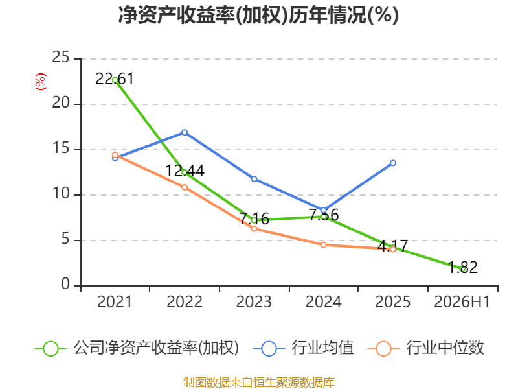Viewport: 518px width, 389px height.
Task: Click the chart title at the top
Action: pyautogui.click(x=258, y=15)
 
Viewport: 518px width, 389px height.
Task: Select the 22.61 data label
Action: pyautogui.click(x=115, y=78)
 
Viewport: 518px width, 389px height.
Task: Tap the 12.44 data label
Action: pyautogui.click(x=185, y=171)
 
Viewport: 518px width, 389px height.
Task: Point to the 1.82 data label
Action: pyautogui.click(x=463, y=267)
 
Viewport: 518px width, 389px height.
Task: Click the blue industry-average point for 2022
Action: pyautogui.click(x=185, y=132)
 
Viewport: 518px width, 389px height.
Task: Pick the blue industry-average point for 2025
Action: pyautogui.click(x=393, y=163)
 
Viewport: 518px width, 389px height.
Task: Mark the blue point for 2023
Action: pyautogui.click(x=254, y=179)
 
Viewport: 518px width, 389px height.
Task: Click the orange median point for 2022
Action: pyautogui.click(x=185, y=187)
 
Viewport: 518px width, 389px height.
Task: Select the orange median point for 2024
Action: pyautogui.click(x=323, y=245)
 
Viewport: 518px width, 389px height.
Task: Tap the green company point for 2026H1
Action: pyautogui.click(x=464, y=269)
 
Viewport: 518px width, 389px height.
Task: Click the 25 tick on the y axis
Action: pyautogui.click(x=61, y=58)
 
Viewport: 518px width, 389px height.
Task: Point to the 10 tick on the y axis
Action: pyautogui.click(x=61, y=193)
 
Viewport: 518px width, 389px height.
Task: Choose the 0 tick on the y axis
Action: pyautogui.click(x=65, y=284)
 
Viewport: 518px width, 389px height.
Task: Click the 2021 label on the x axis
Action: pyautogui.click(x=115, y=301)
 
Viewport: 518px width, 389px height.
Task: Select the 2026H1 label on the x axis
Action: pyautogui.click(x=462, y=301)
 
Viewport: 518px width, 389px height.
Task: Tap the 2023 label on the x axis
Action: pyautogui.click(x=254, y=301)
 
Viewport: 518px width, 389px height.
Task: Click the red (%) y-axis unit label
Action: pyautogui.click(x=41, y=82)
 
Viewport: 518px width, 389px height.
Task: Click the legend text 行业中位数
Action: pyautogui.click(x=445, y=348)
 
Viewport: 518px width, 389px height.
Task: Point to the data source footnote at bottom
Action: pyautogui.click(x=259, y=382)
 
